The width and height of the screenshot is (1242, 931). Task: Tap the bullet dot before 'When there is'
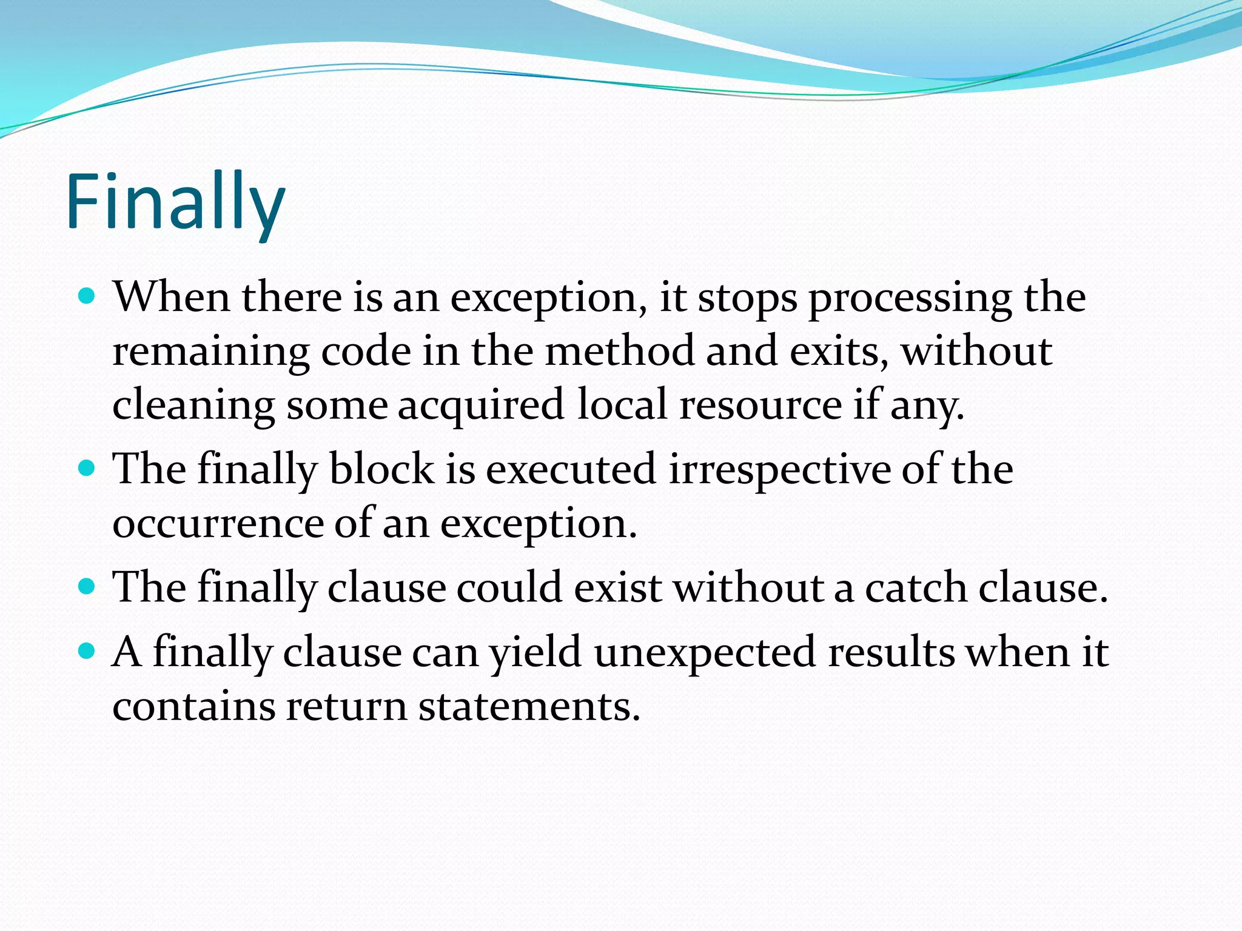(88, 296)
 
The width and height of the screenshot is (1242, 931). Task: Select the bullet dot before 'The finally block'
(88, 468)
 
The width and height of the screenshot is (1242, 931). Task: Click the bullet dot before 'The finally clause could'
(88, 586)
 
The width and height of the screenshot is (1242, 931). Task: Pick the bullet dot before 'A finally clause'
(88, 651)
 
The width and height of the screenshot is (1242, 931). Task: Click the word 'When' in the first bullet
(172, 298)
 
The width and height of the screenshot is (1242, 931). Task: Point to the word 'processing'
(910, 299)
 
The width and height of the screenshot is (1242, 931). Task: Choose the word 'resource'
(760, 405)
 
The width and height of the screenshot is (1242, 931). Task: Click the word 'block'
(381, 469)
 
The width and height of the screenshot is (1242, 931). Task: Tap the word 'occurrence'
(218, 523)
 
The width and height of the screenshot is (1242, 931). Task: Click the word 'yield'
(536, 653)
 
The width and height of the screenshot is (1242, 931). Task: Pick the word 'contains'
(193, 706)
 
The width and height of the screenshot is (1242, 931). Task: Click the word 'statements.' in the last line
(529, 706)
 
